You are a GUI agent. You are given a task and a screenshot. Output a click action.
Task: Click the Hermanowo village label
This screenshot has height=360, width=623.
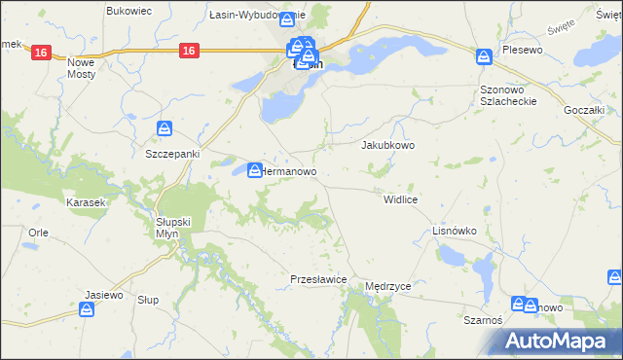coord(290,171)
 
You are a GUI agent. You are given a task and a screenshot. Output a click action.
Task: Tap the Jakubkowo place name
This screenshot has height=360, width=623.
coord(388,145)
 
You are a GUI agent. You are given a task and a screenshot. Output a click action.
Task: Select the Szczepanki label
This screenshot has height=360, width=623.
coord(171,155)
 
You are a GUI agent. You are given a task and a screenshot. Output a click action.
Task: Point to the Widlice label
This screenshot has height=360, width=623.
coord(401,198)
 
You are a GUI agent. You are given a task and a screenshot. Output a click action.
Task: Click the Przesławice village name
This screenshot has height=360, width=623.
coord(319,279)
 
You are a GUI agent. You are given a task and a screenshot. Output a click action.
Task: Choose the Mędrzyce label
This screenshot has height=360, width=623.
coord(388,288)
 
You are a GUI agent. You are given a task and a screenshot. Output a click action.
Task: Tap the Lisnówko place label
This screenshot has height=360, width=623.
coord(454,232)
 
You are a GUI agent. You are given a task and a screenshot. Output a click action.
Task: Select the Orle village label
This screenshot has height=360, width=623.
coord(39,233)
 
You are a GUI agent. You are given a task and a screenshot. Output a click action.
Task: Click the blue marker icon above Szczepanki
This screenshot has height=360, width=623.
coord(165,128)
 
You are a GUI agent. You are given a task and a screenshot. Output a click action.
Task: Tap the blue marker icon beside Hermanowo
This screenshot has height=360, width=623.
coord(253,169)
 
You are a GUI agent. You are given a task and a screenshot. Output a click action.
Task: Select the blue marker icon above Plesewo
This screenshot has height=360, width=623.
coord(484,55)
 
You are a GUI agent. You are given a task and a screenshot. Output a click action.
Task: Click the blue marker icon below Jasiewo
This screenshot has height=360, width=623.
coord(88,308)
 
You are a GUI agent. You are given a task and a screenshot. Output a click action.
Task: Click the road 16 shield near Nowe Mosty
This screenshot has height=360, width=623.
coord(40,53)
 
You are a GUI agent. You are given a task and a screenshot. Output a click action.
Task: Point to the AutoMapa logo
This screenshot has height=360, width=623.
coord(558,341)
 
